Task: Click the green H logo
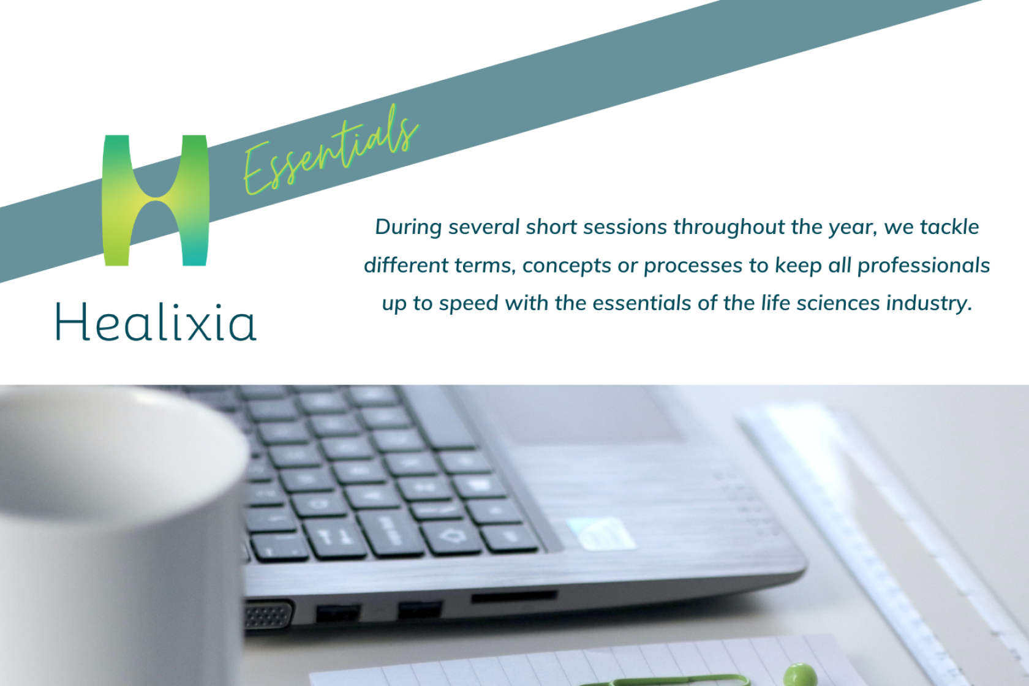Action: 156,200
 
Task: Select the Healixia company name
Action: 156,322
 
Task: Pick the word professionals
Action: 924,266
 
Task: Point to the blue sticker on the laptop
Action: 601,533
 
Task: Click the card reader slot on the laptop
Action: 514,597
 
